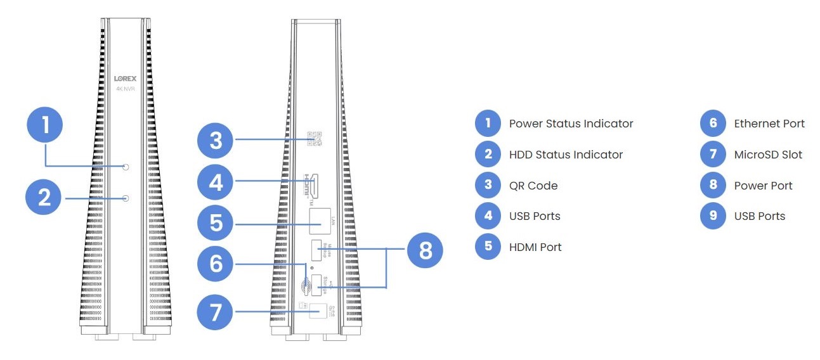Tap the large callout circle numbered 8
pos(425,250)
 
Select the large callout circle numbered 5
pos(216,222)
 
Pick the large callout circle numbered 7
pos(216,312)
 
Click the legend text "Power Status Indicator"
pos(571,124)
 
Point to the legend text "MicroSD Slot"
pos(767,155)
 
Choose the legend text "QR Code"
pos(533,186)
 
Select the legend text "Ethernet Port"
pos(769,124)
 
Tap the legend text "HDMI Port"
pos(535,247)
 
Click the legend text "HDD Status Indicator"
pos(566,155)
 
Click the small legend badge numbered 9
pos(713,216)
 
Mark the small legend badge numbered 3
pos(488,186)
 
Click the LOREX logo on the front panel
pos(126,78)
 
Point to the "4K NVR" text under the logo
pos(126,89)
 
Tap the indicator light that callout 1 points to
pos(126,167)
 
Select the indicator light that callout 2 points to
pos(126,198)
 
